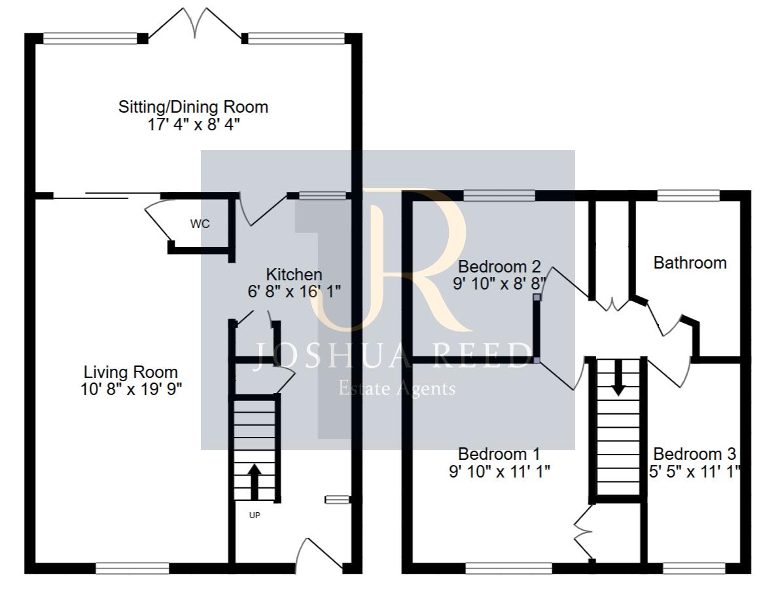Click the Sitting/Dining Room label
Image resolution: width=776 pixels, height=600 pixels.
point(193,107)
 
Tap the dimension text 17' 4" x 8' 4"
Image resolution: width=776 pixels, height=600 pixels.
point(193,124)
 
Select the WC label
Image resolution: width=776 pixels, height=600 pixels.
point(200,224)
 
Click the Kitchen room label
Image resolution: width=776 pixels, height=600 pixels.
point(294,274)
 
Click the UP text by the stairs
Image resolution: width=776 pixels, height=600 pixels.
point(255,516)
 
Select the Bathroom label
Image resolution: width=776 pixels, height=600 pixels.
point(690,263)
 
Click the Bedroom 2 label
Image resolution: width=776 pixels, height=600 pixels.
point(499,267)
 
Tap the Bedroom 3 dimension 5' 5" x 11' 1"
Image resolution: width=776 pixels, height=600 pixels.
point(696,471)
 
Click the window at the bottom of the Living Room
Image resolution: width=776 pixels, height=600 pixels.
point(132,568)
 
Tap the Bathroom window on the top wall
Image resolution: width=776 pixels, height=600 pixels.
point(688,195)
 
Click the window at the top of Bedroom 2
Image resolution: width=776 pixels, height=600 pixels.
point(499,195)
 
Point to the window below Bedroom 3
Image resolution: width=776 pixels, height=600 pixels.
point(694,568)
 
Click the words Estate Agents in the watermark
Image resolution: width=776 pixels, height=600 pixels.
point(397,389)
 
